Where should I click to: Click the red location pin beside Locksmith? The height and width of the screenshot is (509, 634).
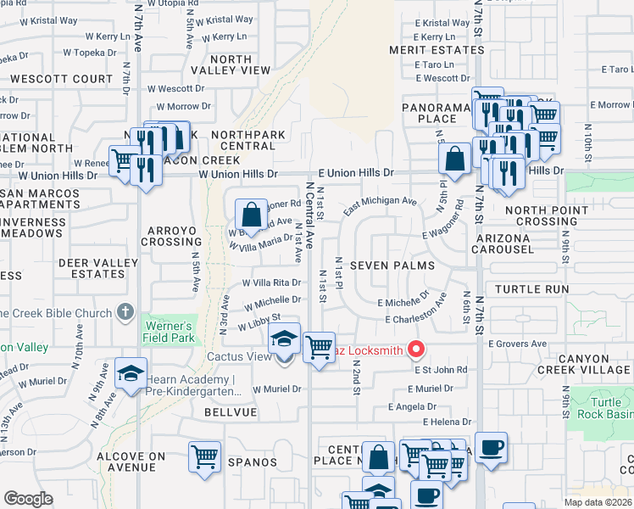point(415,350)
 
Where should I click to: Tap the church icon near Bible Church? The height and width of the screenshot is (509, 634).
point(125,313)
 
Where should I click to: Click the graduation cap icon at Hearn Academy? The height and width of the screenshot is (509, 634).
point(131,374)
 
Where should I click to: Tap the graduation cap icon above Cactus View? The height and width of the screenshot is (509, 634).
point(284,339)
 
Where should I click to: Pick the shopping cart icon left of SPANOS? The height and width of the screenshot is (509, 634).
point(204,457)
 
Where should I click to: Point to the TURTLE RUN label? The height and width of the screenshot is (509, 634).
point(531,289)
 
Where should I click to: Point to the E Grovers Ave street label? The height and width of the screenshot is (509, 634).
point(517,344)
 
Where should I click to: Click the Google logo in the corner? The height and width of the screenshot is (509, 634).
point(28,499)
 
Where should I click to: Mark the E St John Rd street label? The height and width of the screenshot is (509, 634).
point(440,370)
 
